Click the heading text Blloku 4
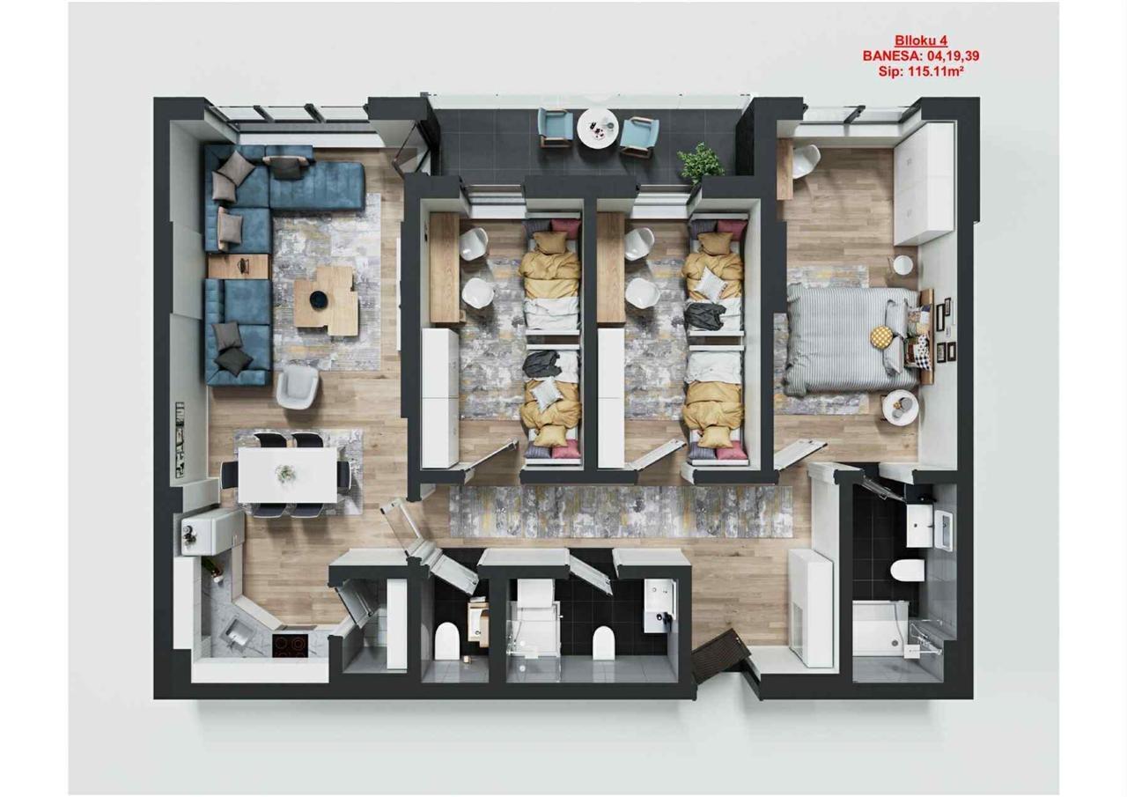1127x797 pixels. [x=921, y=41]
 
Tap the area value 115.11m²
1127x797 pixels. [x=935, y=71]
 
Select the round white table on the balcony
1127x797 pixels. [x=597, y=128]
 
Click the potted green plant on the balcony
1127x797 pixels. [x=700, y=163]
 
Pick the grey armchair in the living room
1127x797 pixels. [x=298, y=386]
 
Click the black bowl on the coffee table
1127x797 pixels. [x=319, y=299]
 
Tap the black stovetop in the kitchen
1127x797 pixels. [x=290, y=646]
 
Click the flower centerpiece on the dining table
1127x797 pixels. [x=285, y=474]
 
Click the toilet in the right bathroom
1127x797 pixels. [x=907, y=571]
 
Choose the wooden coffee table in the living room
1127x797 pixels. [x=327, y=301]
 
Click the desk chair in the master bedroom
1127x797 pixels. [x=807, y=161]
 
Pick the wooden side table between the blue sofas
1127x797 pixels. [x=239, y=267]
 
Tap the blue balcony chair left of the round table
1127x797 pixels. [x=556, y=127]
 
